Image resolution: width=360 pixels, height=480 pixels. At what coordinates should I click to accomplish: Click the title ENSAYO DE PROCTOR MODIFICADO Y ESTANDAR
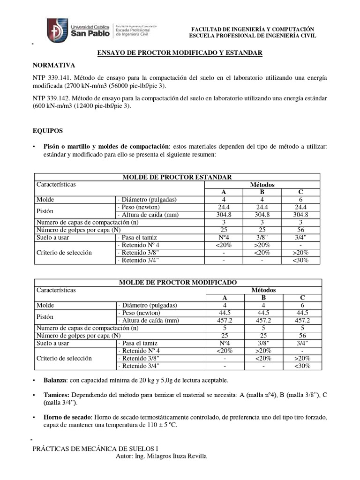tap(180, 53)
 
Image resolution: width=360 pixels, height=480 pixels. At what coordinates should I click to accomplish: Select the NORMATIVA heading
tap(53, 65)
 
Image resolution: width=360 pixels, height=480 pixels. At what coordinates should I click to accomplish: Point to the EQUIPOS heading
tap(47, 131)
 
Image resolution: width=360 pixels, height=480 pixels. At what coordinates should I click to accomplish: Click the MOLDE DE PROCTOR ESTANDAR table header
tap(177, 177)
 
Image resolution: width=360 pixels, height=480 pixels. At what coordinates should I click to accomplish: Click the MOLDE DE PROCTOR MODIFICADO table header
tap(178, 282)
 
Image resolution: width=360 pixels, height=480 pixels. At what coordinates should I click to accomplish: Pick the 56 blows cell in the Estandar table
tap(300, 230)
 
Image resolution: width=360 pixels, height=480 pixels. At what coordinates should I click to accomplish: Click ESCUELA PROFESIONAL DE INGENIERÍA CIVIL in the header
tap(252, 36)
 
